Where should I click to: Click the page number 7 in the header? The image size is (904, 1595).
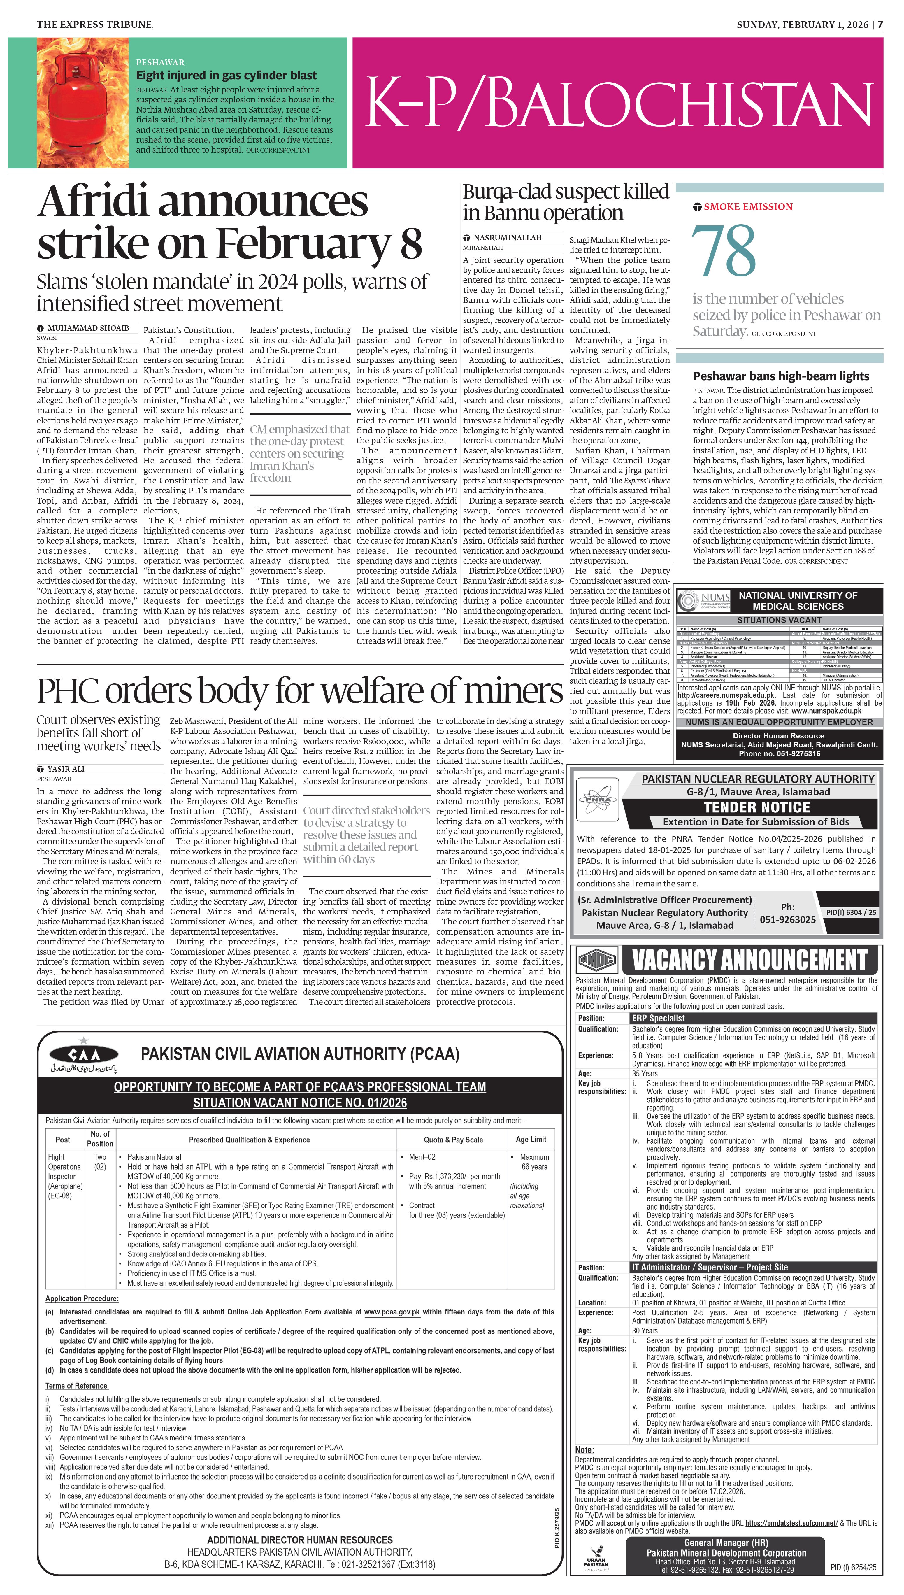coord(880,25)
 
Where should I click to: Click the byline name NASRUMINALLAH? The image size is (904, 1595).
coord(507,238)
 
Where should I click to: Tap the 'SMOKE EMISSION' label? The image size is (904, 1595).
coord(748,207)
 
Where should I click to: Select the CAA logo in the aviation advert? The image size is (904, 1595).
coord(84,1054)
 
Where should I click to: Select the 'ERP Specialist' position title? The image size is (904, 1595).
coord(658,1018)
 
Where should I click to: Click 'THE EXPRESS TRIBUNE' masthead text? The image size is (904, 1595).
coord(94,25)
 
